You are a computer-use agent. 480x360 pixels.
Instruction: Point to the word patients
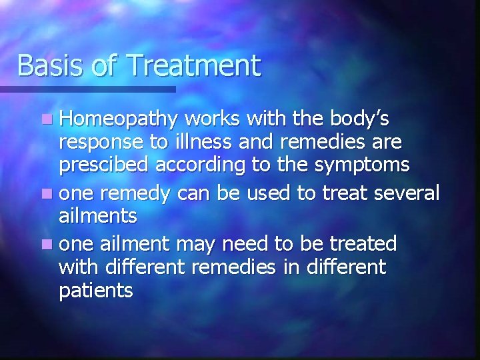click(x=96, y=291)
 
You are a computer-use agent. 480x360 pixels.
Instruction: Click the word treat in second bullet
click(x=337, y=194)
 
